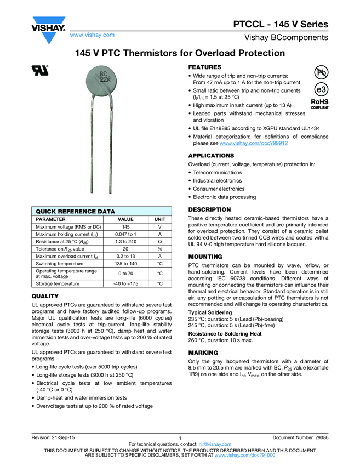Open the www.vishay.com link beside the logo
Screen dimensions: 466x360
[92, 35]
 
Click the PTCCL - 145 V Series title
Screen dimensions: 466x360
[281, 25]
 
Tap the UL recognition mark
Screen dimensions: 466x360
[40, 70]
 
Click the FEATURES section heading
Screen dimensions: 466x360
[205, 66]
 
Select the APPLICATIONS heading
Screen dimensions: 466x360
[211, 156]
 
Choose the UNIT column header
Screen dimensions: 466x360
[160, 219]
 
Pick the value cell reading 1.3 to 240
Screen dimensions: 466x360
[126, 241]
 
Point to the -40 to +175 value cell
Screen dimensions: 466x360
[126, 283]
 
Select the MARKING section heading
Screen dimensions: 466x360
[203, 353]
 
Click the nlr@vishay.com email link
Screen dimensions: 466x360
[215, 444]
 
